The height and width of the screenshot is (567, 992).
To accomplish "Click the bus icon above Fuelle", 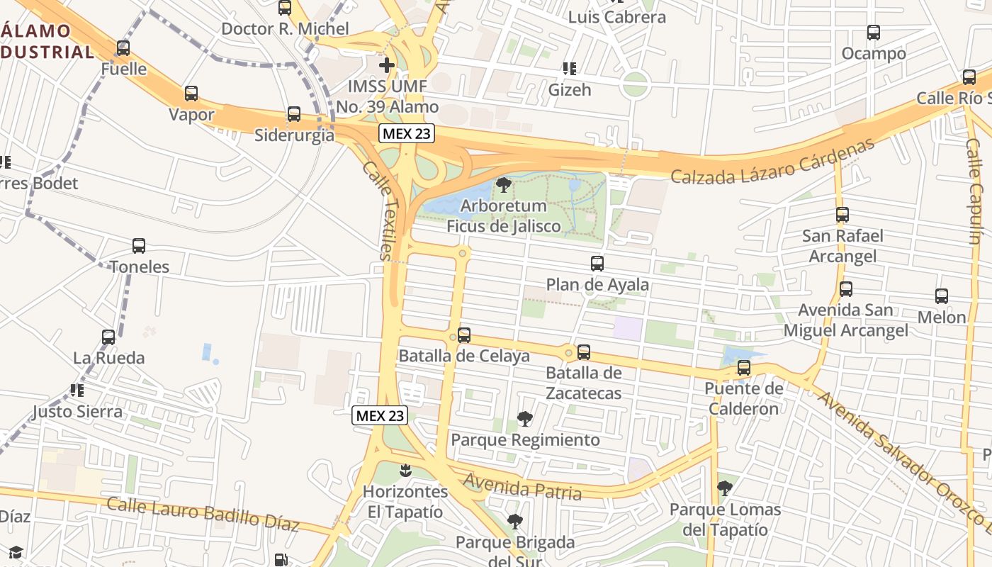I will [123, 48].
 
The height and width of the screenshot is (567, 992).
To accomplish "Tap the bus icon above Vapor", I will [191, 94].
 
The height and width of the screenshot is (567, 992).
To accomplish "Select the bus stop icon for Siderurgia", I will [293, 114].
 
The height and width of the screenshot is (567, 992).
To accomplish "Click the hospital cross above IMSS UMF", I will [387, 66].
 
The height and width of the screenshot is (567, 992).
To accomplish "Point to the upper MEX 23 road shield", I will [406, 133].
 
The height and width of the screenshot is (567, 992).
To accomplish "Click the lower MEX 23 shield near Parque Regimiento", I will [380, 415].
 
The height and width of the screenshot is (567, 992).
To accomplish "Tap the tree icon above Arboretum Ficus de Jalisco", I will [504, 186].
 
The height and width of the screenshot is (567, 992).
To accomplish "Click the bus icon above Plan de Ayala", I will [597, 264].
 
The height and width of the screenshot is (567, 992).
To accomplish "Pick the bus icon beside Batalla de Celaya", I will [464, 335].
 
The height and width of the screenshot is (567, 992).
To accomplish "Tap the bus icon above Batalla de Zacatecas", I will [584, 352].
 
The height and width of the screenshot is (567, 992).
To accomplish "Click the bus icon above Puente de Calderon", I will [744, 368].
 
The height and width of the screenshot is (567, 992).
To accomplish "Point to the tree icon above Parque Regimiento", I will [524, 419].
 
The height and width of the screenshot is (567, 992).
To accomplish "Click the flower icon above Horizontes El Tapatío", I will [405, 470].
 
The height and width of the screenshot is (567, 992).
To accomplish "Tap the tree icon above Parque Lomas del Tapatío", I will [724, 488].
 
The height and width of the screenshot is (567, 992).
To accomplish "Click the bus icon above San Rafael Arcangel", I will [842, 215].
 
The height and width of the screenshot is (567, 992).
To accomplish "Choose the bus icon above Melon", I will [942, 296].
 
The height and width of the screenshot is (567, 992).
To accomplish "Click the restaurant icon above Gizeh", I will [570, 69].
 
